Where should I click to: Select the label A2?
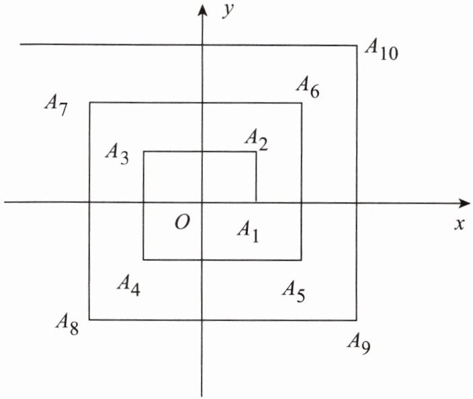click(x=257, y=140)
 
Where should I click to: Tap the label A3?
click(x=117, y=152)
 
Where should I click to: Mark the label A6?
click(x=307, y=86)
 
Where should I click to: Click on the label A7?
click(x=55, y=104)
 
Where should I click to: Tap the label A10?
click(x=381, y=49)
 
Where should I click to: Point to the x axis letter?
click(x=460, y=225)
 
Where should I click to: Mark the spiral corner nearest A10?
click(x=357, y=46)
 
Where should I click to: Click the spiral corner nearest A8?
click(x=89, y=320)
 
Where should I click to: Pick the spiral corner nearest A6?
click(x=301, y=103)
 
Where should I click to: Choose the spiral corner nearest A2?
click(x=256, y=152)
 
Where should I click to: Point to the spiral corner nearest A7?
click(x=89, y=103)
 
